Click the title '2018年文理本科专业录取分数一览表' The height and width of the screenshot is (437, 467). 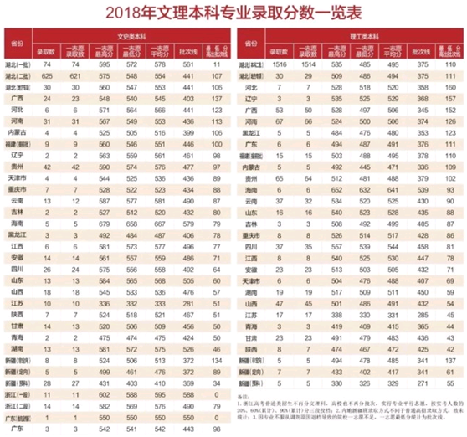233,12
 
